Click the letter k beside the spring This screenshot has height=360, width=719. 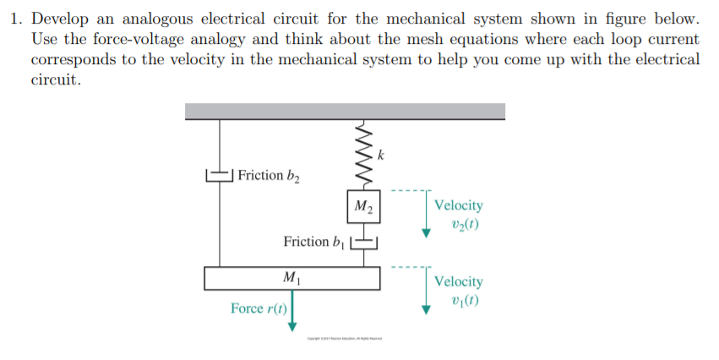[381, 155]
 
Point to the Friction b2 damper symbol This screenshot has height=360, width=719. [220, 176]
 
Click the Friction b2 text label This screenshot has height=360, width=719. [269, 176]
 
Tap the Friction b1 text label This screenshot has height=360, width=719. [314, 243]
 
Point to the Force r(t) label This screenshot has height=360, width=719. [258, 308]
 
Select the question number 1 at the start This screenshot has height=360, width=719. [16, 19]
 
